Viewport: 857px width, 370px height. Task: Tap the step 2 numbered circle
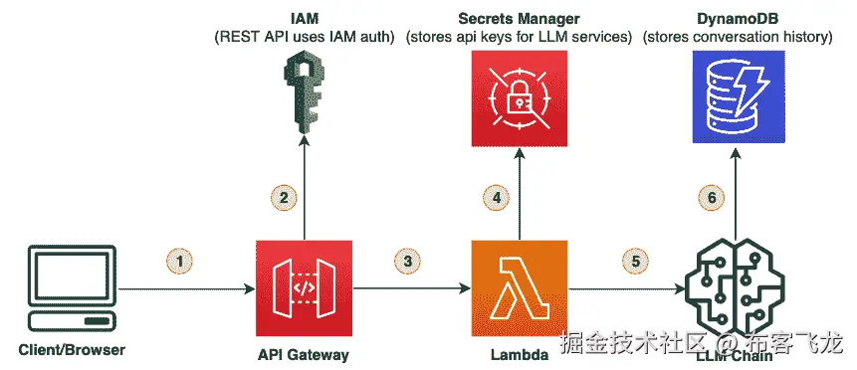(284, 197)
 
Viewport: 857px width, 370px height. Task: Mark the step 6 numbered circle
(711, 197)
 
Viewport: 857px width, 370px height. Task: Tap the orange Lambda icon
(519, 288)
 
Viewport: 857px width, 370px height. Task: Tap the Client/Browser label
(72, 350)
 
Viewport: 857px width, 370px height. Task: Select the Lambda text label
(519, 353)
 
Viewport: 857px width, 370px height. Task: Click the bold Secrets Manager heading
(519, 19)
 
